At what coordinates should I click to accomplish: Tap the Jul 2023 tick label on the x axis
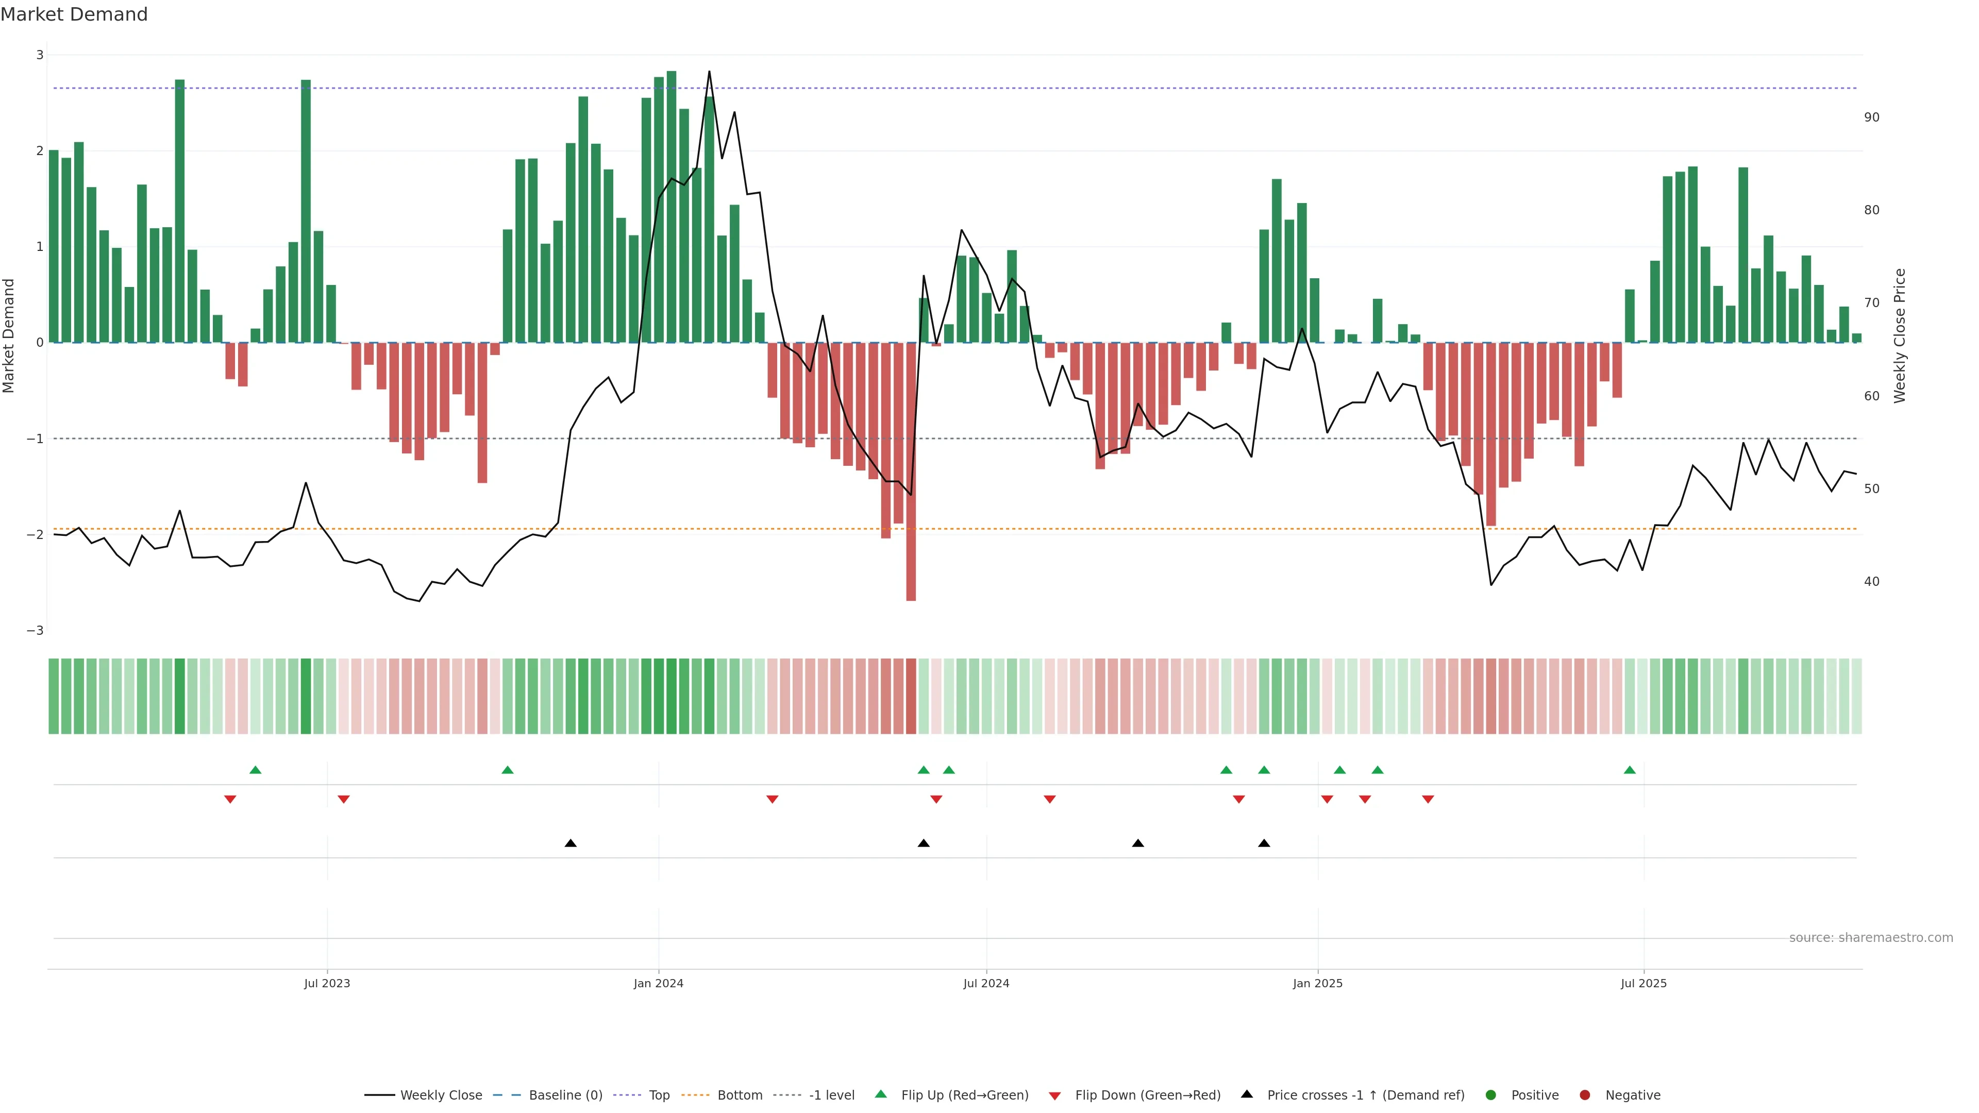click(327, 983)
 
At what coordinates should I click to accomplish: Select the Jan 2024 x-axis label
click(659, 983)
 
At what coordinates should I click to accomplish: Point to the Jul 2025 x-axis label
click(1643, 983)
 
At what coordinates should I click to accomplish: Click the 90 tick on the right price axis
click(1871, 117)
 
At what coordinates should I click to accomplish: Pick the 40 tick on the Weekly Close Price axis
click(1871, 581)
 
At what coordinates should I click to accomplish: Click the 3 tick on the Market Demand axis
click(39, 55)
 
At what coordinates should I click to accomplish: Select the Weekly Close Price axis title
click(1899, 335)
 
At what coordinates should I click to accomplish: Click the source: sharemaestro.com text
click(1871, 938)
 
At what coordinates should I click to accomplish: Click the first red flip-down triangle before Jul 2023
click(230, 800)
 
